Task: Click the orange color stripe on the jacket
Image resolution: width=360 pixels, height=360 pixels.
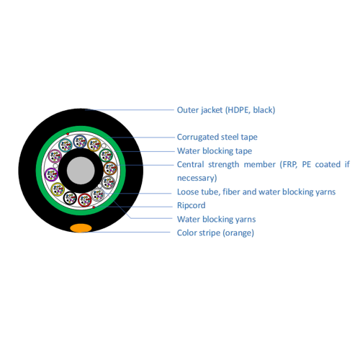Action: [x=81, y=228]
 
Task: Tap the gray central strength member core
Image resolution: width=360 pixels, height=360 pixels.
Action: [x=81, y=171]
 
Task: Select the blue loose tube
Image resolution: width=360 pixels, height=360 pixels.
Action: [x=80, y=142]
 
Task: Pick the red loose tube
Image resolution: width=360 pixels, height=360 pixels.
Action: [x=85, y=200]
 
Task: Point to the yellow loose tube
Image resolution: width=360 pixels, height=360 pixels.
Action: [x=58, y=189]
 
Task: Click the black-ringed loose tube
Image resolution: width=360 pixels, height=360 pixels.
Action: [x=70, y=198]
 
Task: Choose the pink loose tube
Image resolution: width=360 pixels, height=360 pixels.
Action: [x=55, y=156]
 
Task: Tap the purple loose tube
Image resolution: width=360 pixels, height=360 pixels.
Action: [x=51, y=174]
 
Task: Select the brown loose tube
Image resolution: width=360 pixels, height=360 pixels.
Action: [x=110, y=168]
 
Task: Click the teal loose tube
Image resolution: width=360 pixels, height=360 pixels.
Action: [x=66, y=145]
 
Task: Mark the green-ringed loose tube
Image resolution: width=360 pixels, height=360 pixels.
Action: [x=106, y=155]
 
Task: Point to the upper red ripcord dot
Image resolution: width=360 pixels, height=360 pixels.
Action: [x=68, y=134]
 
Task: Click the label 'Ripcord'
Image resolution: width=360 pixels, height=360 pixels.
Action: [x=192, y=205]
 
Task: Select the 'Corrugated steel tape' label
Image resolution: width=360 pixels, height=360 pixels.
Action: [x=217, y=137]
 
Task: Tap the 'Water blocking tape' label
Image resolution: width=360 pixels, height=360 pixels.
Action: [x=215, y=151]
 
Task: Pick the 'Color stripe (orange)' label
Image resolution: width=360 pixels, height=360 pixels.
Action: [x=215, y=233]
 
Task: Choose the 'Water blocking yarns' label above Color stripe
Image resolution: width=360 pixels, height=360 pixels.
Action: [x=217, y=219]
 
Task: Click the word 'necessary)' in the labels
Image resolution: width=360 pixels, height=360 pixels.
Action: [x=197, y=178]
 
